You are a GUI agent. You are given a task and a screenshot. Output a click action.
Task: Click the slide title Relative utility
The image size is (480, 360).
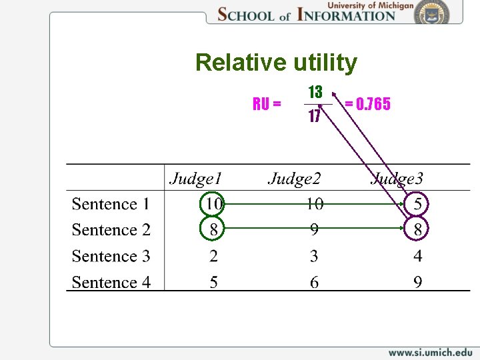(x=276, y=63)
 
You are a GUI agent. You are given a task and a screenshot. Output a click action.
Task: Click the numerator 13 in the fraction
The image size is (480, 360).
(x=315, y=91)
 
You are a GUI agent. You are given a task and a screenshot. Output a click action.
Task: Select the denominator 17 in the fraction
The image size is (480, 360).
(x=315, y=116)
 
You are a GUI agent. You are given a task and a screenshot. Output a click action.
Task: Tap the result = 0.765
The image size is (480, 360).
(x=367, y=104)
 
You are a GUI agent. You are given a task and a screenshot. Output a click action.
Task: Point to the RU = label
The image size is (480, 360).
(x=267, y=104)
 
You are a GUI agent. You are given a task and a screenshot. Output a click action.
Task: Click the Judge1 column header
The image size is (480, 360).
(x=195, y=178)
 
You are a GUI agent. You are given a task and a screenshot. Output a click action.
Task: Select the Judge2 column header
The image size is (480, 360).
(x=294, y=178)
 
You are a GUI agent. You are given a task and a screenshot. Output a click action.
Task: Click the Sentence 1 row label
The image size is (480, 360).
(x=111, y=204)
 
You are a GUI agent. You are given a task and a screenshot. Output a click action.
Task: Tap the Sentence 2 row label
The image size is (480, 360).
(x=111, y=230)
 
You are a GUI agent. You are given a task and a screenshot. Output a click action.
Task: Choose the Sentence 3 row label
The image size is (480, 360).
(x=111, y=256)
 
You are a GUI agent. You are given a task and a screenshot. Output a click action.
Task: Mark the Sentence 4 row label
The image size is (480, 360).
(x=111, y=282)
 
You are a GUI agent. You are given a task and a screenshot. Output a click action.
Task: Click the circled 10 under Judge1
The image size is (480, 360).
(x=213, y=203)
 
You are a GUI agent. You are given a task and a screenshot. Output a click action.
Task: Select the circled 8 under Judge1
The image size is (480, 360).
(x=213, y=229)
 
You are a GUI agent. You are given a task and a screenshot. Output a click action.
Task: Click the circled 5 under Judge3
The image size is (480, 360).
(x=417, y=203)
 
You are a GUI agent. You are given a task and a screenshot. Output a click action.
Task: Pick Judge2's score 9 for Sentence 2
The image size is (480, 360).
(x=314, y=229)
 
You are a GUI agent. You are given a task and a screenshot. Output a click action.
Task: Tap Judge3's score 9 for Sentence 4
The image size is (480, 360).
(x=417, y=282)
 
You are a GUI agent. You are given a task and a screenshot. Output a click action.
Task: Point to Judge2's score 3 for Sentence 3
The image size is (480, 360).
(x=314, y=256)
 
